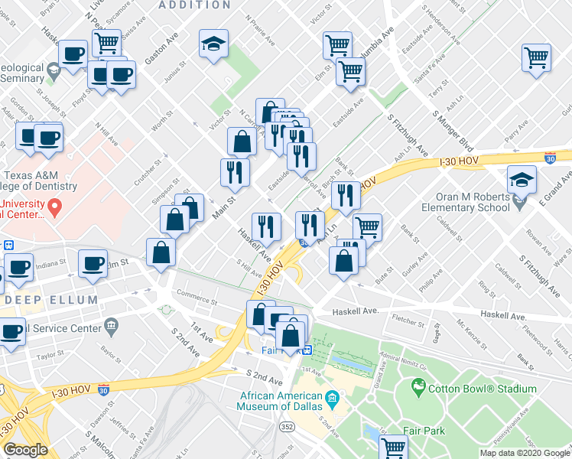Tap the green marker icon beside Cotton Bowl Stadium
[418, 389]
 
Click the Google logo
[25, 450]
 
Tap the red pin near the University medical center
[54, 207]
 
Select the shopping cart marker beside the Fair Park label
[393, 447]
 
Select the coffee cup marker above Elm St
[94, 264]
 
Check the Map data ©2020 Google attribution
[525, 453]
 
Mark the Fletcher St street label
[408, 316]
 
